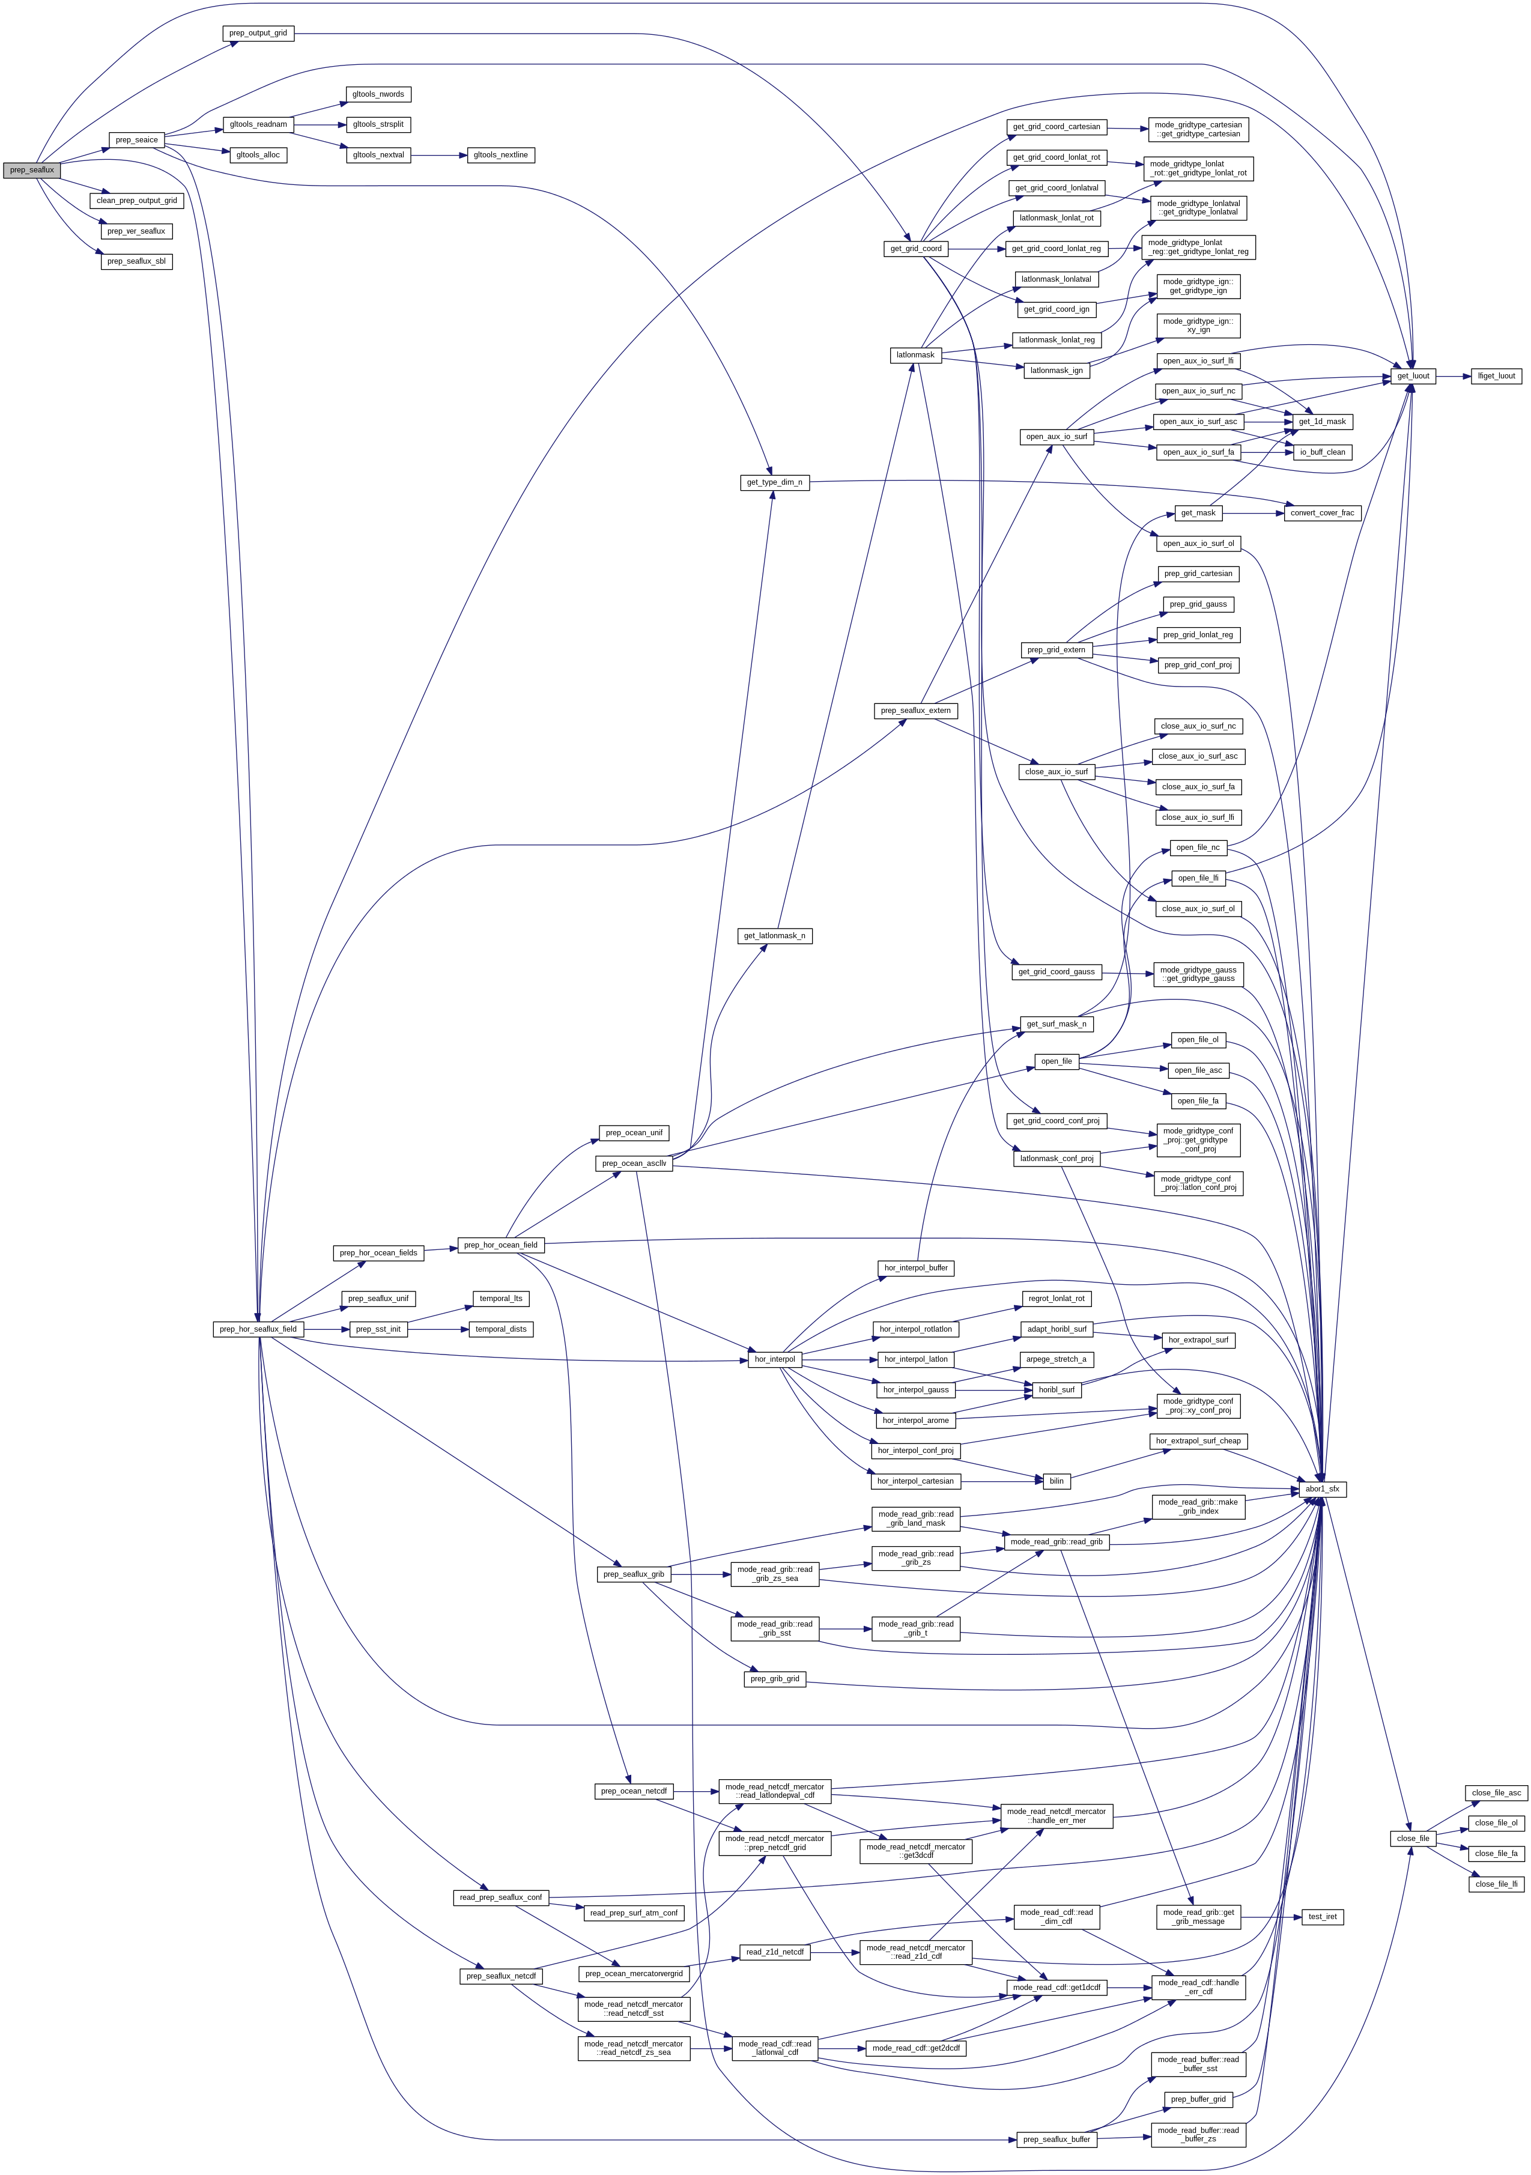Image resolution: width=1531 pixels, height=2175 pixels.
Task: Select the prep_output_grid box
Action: point(258,33)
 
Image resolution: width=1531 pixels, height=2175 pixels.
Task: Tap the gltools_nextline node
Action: point(501,154)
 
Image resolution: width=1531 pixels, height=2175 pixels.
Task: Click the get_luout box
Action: point(1413,376)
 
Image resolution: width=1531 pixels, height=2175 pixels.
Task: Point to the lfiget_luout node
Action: point(1496,376)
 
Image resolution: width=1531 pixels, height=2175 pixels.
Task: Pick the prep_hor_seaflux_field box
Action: point(258,1329)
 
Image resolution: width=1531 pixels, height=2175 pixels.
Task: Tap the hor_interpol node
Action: point(774,1359)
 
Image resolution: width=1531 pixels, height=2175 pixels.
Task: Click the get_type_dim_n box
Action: point(774,482)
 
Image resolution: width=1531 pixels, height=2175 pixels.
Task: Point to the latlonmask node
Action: point(915,355)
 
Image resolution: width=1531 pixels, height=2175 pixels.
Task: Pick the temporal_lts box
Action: point(500,1299)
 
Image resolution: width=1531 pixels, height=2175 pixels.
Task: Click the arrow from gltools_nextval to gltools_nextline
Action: point(438,154)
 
